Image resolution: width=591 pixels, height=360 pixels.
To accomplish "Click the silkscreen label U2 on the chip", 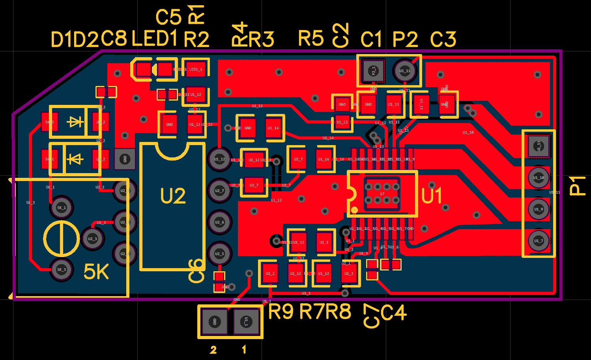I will tap(173, 196).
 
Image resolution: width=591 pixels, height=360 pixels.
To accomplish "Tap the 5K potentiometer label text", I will tap(96, 272).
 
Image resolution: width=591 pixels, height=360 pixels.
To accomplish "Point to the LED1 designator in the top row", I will tap(154, 39).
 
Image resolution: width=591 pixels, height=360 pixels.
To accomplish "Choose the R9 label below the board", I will tap(281, 312).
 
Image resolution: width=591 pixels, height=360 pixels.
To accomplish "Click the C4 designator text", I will tap(394, 313).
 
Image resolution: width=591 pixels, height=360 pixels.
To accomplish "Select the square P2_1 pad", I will tap(373, 71).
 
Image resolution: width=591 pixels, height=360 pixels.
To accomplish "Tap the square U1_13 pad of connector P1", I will tap(539, 146).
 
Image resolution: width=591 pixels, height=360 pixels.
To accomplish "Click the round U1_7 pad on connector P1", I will tap(539, 241).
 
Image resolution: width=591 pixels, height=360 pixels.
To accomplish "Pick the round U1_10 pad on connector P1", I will tap(539, 177).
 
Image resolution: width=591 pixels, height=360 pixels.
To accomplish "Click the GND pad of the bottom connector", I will tap(215, 321).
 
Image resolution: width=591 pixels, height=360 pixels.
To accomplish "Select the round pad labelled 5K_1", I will tap(61, 207).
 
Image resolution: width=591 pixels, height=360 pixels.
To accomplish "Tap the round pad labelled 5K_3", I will tap(61, 270).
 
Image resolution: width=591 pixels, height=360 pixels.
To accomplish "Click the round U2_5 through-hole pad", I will tap(219, 254).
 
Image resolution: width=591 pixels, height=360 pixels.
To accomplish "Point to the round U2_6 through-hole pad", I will tap(219, 222).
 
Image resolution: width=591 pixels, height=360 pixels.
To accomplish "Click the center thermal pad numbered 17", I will tap(382, 194).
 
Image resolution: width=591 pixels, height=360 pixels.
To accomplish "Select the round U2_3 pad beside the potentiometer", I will tap(92, 239).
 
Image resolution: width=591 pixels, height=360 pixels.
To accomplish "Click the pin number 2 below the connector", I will tap(213, 350).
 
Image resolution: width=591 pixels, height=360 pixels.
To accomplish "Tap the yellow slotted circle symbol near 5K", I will tap(61, 239).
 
